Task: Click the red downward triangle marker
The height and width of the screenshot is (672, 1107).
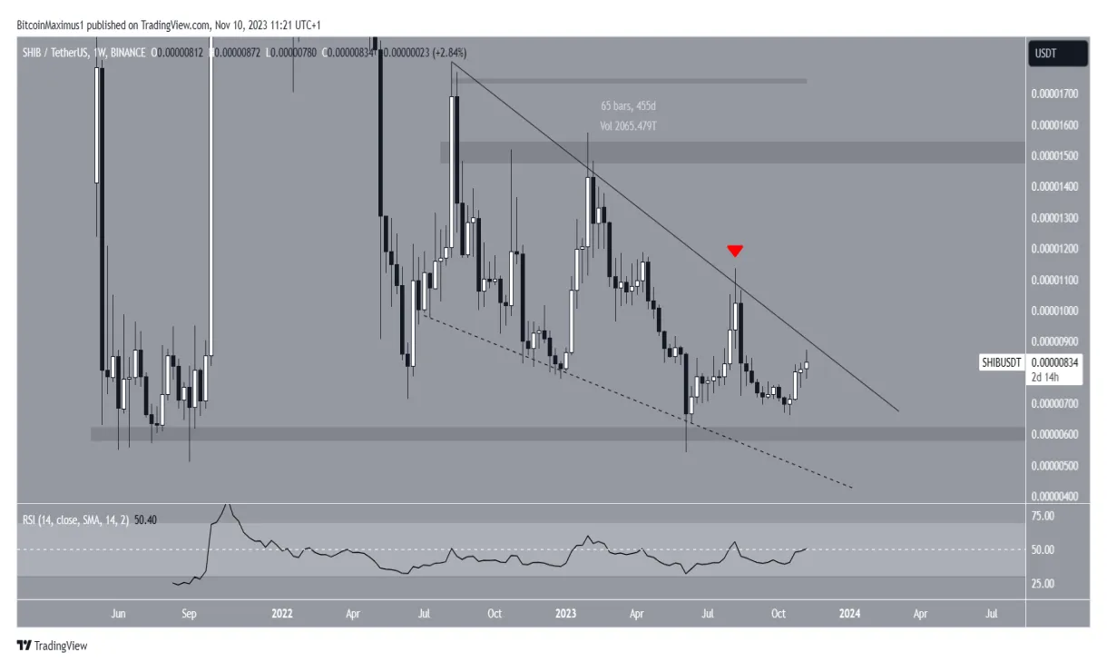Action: coord(735,250)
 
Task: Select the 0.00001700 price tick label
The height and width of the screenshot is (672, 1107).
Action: coord(1056,94)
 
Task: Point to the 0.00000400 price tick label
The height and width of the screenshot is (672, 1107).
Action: coord(1056,497)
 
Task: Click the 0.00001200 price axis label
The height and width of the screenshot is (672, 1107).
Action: coord(1056,249)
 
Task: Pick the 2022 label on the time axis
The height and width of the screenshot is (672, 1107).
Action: coord(282,614)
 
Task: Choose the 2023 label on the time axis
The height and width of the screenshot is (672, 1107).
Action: coord(565,614)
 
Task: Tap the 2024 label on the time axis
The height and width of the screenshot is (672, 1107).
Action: coord(849,614)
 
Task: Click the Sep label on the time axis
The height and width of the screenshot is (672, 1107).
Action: coord(189,614)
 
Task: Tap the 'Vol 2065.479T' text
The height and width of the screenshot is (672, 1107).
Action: coord(621,126)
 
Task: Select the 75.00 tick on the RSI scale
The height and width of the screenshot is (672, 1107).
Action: coord(1044,516)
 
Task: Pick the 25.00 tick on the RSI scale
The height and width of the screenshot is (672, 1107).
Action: coord(1044,583)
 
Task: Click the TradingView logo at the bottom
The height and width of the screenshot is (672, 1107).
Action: coord(52,646)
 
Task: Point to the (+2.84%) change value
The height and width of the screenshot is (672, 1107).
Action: coord(450,54)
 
